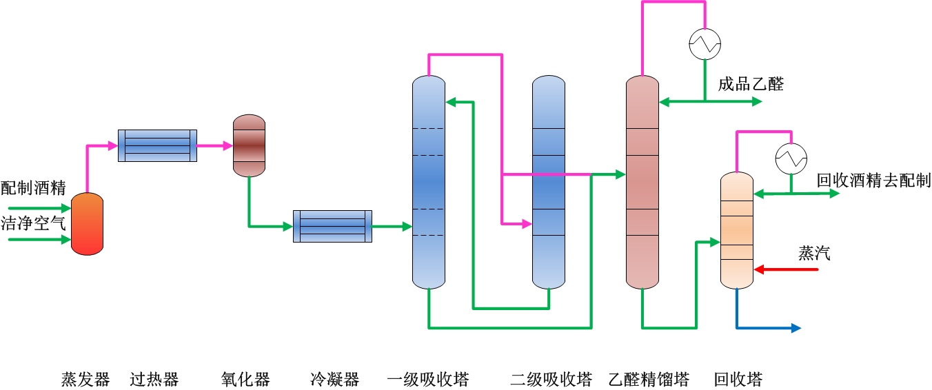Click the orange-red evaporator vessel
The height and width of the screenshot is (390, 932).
87,224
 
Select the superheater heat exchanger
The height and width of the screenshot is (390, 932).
157,145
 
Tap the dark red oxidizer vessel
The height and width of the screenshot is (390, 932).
249,145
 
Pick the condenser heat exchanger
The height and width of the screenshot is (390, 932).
332,226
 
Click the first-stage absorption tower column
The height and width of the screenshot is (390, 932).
429,182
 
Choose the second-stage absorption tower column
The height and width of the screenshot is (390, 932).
549,182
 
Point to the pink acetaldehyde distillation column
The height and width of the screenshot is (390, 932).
642,182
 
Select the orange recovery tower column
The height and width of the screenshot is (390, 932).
737,230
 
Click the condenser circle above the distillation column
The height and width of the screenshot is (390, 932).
705,45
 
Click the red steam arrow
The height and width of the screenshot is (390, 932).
786,269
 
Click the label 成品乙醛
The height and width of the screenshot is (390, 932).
751,85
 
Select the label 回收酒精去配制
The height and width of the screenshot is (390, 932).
873,181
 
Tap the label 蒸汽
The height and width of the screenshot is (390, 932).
814,254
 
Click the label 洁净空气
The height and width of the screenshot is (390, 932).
33,223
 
